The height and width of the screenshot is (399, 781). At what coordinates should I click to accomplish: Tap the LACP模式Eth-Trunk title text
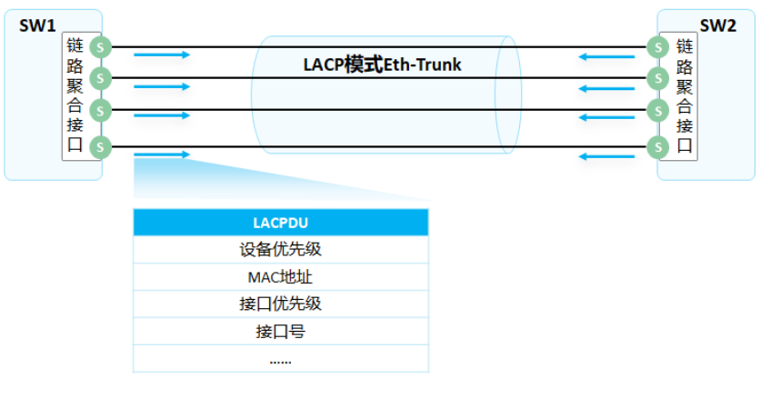[x=382, y=65]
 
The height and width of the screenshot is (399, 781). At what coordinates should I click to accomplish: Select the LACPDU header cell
[x=280, y=223]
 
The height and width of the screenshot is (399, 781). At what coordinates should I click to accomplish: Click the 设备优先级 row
[x=280, y=250]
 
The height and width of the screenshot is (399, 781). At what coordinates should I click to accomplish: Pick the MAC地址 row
[x=280, y=277]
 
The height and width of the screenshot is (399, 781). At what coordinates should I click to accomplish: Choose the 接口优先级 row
[x=280, y=304]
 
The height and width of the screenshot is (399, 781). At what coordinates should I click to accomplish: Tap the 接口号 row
[x=280, y=331]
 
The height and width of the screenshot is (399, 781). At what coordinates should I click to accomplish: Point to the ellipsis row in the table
[x=280, y=359]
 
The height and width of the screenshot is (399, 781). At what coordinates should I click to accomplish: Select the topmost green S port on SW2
[x=656, y=45]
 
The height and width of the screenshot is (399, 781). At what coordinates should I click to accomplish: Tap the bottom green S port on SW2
[x=656, y=145]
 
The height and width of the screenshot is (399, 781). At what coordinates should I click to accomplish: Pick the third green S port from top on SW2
[x=656, y=110]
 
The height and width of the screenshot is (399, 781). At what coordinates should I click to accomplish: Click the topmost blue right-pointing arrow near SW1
[x=162, y=55]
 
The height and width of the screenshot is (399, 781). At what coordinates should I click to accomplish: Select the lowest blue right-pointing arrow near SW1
[x=162, y=155]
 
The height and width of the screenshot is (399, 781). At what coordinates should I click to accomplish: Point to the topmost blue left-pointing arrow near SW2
[x=607, y=57]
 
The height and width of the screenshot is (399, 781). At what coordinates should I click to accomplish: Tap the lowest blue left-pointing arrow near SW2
[x=607, y=156]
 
